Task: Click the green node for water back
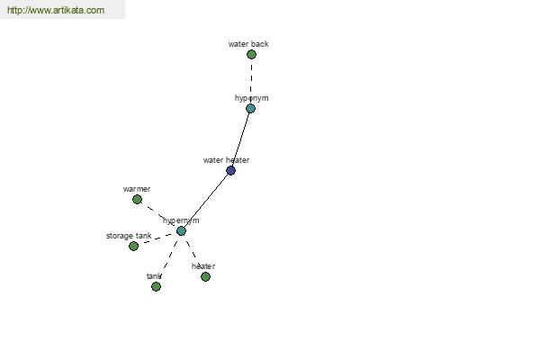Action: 251,54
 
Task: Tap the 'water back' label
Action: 248,44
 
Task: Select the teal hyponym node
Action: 251,109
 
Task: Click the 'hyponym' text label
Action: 251,98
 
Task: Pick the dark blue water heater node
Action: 230,170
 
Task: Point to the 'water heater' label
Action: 226,160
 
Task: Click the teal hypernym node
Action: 181,230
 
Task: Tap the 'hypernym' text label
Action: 181,220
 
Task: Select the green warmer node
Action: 137,199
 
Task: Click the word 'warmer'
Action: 137,189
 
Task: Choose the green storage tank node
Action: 133,246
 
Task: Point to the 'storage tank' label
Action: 129,236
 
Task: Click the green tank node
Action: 156,286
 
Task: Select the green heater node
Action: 205,276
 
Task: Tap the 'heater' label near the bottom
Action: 203,266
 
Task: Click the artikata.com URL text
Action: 56,10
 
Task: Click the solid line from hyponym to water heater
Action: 240,139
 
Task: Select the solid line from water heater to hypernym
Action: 206,201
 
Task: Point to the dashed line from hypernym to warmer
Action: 159,215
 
